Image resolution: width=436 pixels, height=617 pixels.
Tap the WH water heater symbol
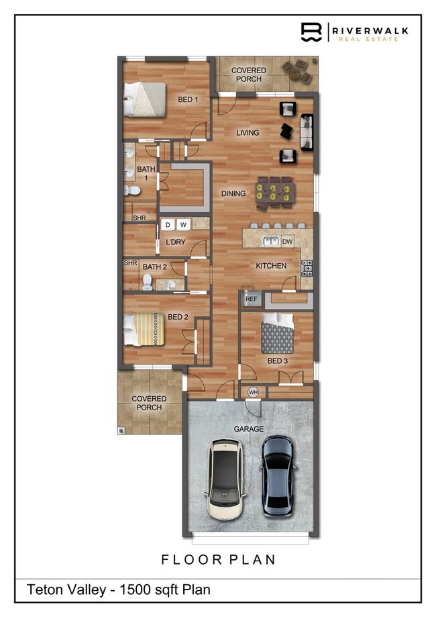(254, 392)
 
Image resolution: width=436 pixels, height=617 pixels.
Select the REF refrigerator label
(252, 299)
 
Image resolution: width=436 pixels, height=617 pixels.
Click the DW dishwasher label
(287, 241)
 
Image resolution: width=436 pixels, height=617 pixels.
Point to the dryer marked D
(168, 224)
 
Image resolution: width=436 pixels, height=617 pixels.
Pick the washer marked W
(182, 224)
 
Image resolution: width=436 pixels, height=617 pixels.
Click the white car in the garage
(225, 478)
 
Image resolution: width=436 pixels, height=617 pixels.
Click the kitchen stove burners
(307, 267)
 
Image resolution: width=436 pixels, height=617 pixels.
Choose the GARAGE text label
(249, 428)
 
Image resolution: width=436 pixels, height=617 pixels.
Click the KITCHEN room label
(271, 266)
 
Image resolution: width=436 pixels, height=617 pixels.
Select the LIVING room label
(248, 133)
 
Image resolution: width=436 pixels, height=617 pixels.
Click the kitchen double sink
(272, 241)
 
